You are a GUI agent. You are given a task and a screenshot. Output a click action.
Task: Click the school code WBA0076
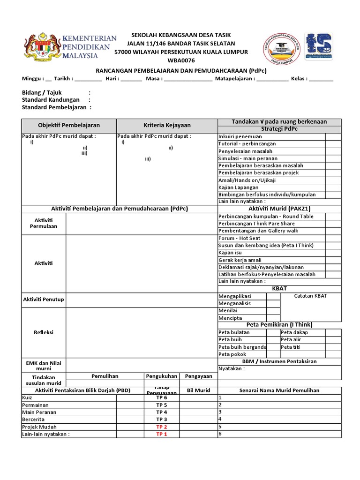coord(180,60)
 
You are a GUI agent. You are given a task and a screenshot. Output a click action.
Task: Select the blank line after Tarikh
coord(88,79)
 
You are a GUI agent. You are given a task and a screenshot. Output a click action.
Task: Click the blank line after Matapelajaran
coord(272,79)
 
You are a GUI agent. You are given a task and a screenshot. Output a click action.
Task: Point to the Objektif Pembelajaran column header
coord(69,126)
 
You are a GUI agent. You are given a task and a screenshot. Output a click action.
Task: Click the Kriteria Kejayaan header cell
coord(167,126)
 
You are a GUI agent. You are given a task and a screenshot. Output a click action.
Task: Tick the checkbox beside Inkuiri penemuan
coord(333,137)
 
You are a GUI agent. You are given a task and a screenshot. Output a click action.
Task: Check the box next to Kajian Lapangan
coord(333,187)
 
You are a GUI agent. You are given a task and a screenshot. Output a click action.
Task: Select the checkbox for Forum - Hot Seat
coord(333,238)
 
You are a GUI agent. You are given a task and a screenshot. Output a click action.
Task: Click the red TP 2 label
coord(162,427)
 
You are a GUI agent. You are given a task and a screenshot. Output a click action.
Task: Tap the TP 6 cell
coord(162,398)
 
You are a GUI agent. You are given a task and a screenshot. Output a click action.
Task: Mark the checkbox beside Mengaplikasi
coord(273,296)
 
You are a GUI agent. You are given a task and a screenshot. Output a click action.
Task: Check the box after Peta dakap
coord(333,332)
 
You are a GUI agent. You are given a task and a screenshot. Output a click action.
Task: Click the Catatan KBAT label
coord(310,296)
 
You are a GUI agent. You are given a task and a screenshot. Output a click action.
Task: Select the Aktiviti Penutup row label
coord(44,300)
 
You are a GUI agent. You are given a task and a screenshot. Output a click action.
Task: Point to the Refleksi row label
coord(44,332)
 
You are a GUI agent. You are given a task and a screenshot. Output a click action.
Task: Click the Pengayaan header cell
coord(198,376)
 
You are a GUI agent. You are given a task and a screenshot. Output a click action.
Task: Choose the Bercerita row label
coord(33,420)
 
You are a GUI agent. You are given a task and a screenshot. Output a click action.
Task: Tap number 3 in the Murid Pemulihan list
coord(220,412)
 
